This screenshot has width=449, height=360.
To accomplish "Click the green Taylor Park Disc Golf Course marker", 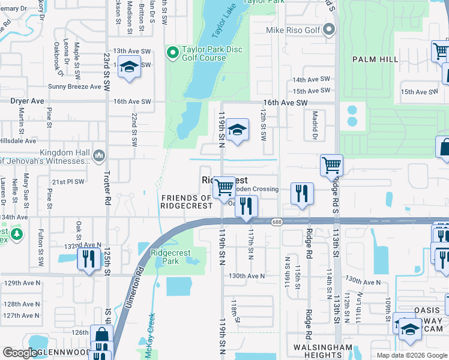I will [x=173, y=53].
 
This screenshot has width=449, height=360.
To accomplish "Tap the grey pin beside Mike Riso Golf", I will [x=328, y=29].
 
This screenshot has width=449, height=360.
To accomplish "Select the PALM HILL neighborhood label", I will [x=375, y=59].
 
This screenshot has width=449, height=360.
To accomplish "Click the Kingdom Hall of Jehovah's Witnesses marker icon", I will [x=99, y=157].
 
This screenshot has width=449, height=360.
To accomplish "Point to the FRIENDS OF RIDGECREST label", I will [x=187, y=202].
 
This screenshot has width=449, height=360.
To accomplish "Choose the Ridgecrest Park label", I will [x=165, y=257].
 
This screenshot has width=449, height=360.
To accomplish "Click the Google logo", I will [x=20, y=353].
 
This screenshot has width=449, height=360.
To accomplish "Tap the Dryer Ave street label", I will [x=27, y=101].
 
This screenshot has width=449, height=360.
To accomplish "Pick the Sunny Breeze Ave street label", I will [x=75, y=86].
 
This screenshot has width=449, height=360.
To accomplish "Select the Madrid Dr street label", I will [x=313, y=127].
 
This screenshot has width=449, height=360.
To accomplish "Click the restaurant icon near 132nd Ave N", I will [x=89, y=259].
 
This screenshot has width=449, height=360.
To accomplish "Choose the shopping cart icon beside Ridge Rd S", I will [x=331, y=164].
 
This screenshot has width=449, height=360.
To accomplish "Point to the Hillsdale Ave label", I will [x=19, y=140].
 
